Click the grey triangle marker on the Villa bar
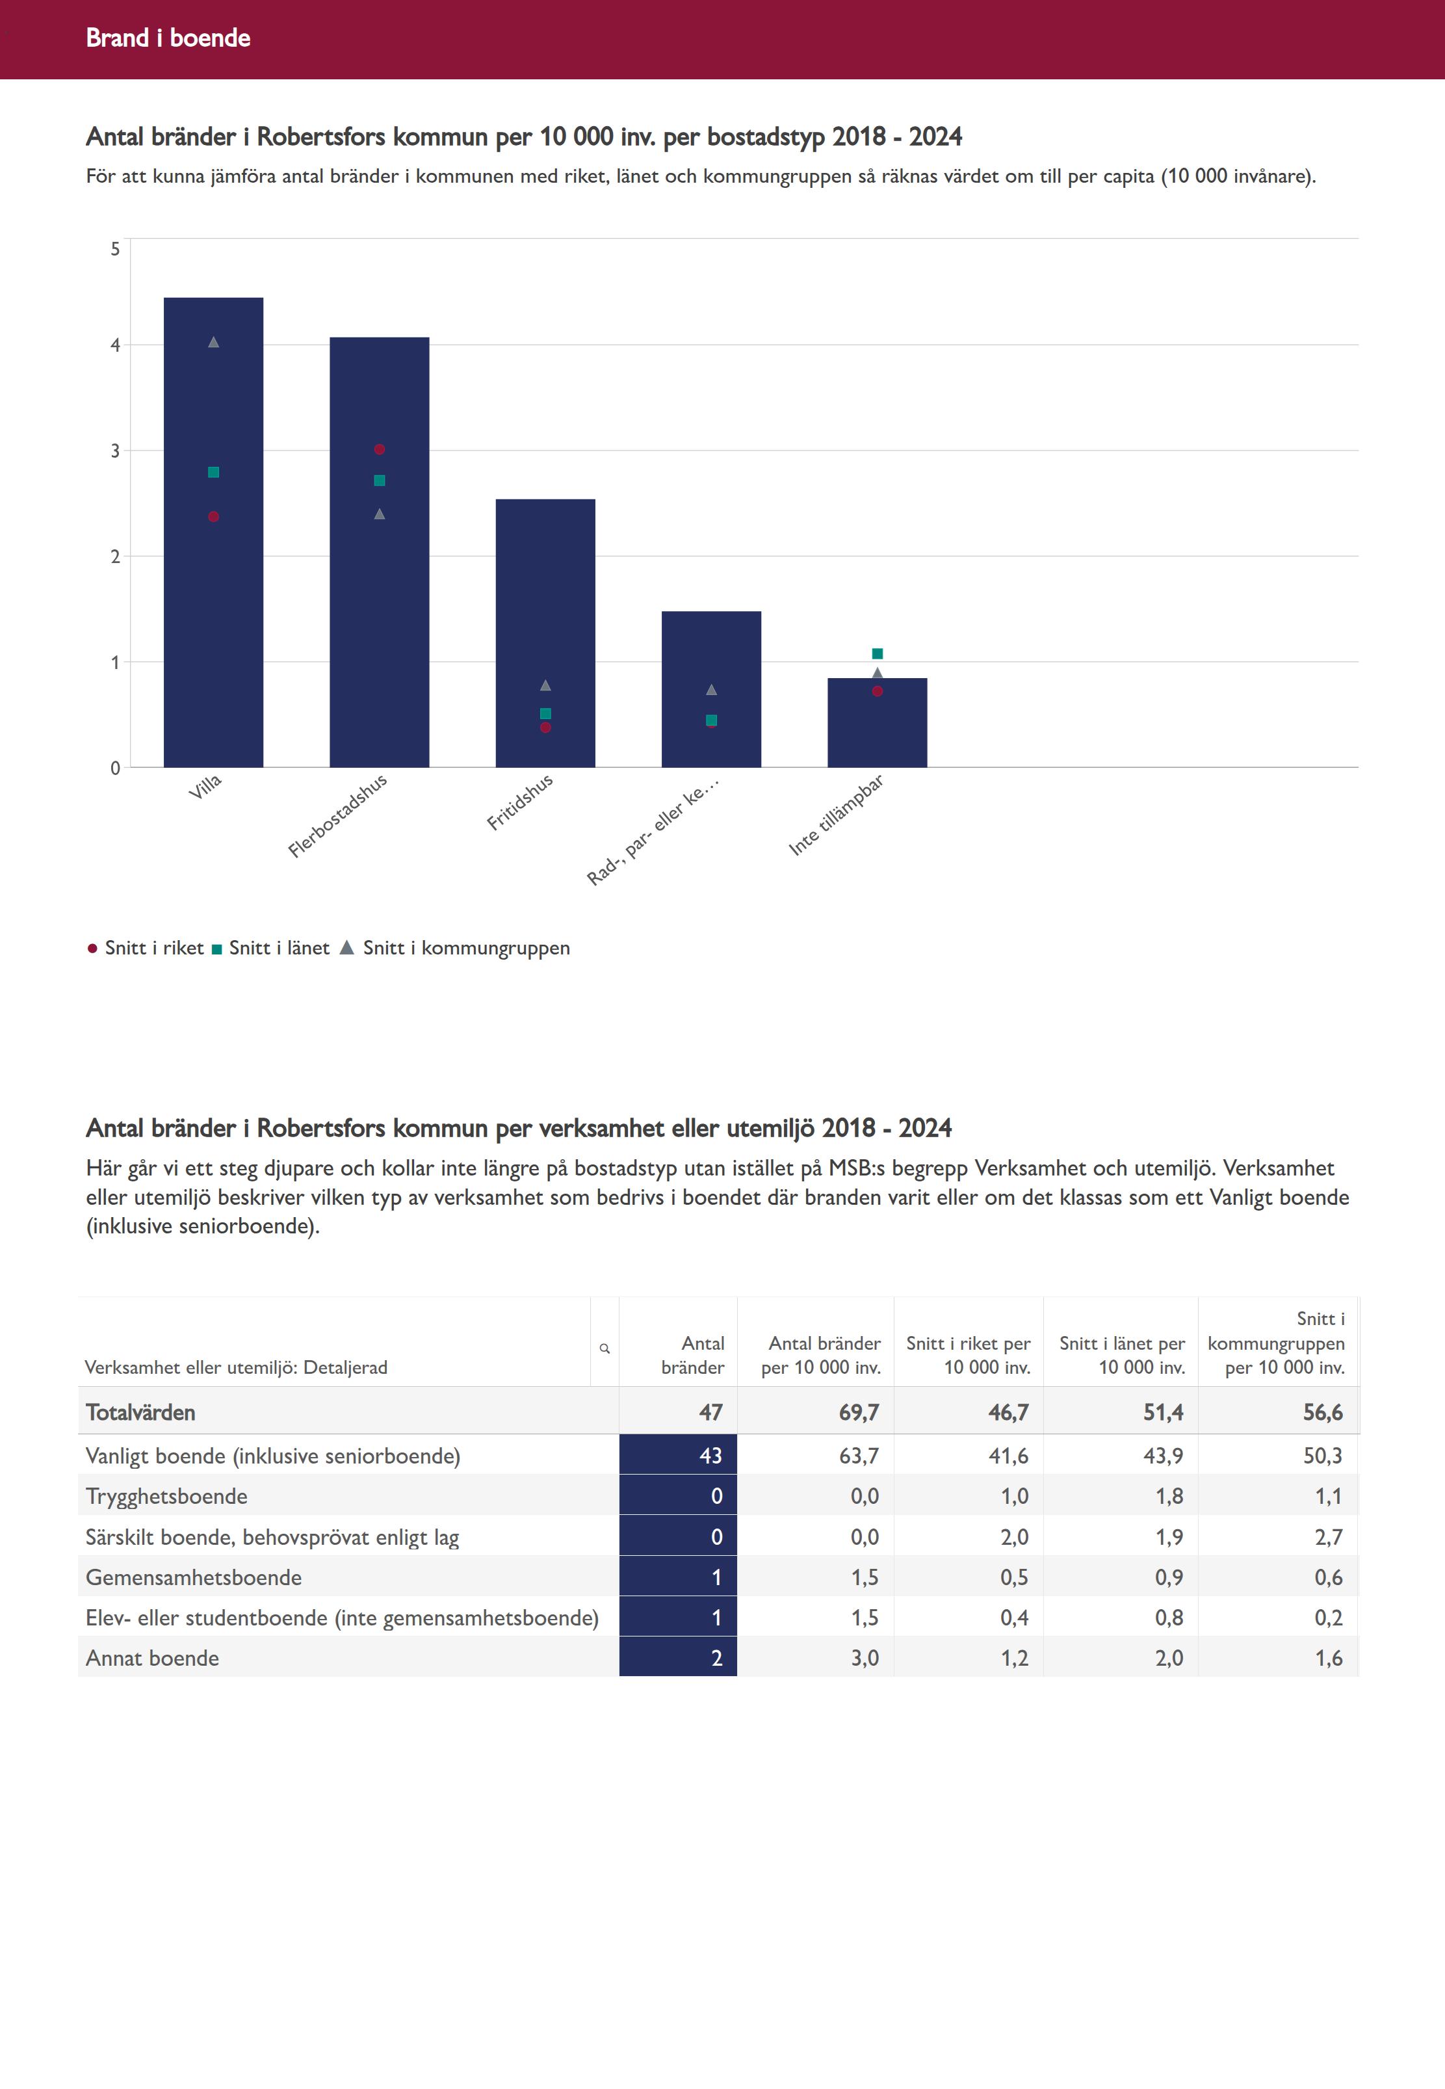[214, 342]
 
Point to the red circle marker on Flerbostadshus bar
[380, 449]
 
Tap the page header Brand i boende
[168, 38]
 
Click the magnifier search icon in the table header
[605, 1348]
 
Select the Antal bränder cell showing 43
[678, 1455]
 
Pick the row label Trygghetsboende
[166, 1496]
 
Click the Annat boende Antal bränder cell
[678, 1658]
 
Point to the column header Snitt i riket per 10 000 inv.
[968, 1355]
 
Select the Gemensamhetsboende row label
[194, 1577]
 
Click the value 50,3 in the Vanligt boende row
[1322, 1455]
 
